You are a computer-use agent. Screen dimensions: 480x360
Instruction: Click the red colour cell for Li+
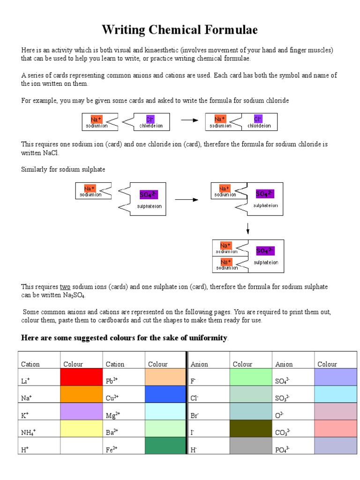coord(81,377)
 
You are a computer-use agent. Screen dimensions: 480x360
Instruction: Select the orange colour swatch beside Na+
coord(81,395)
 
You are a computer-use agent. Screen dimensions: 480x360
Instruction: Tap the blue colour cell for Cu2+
coord(165,395)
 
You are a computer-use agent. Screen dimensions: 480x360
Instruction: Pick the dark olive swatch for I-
coord(251,429)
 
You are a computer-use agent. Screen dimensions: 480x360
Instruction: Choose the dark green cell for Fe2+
coord(165,446)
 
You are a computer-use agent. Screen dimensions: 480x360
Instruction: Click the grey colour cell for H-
coord(251,446)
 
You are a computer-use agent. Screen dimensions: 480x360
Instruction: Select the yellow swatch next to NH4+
coord(81,429)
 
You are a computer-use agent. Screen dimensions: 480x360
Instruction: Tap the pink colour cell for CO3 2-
coord(335,429)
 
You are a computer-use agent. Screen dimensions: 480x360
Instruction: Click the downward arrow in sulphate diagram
coord(247,228)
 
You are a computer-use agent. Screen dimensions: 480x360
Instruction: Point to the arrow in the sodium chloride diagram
coord(190,120)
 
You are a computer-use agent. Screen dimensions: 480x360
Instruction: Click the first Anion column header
coord(199,364)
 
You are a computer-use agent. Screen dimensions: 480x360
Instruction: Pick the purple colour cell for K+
coord(81,412)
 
